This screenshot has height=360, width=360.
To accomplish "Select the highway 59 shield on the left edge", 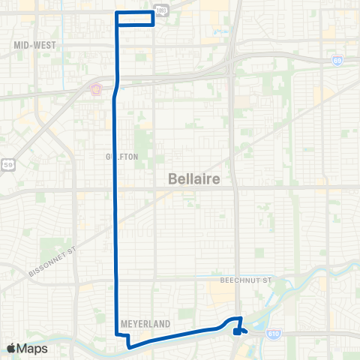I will (x=8, y=164).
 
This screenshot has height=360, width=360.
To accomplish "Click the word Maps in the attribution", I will (x=34, y=349).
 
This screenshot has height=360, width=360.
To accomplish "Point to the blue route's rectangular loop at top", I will (x=135, y=18).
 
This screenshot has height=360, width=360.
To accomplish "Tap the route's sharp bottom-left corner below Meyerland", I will (x=128, y=346).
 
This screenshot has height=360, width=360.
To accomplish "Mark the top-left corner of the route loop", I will (x=117, y=13).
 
